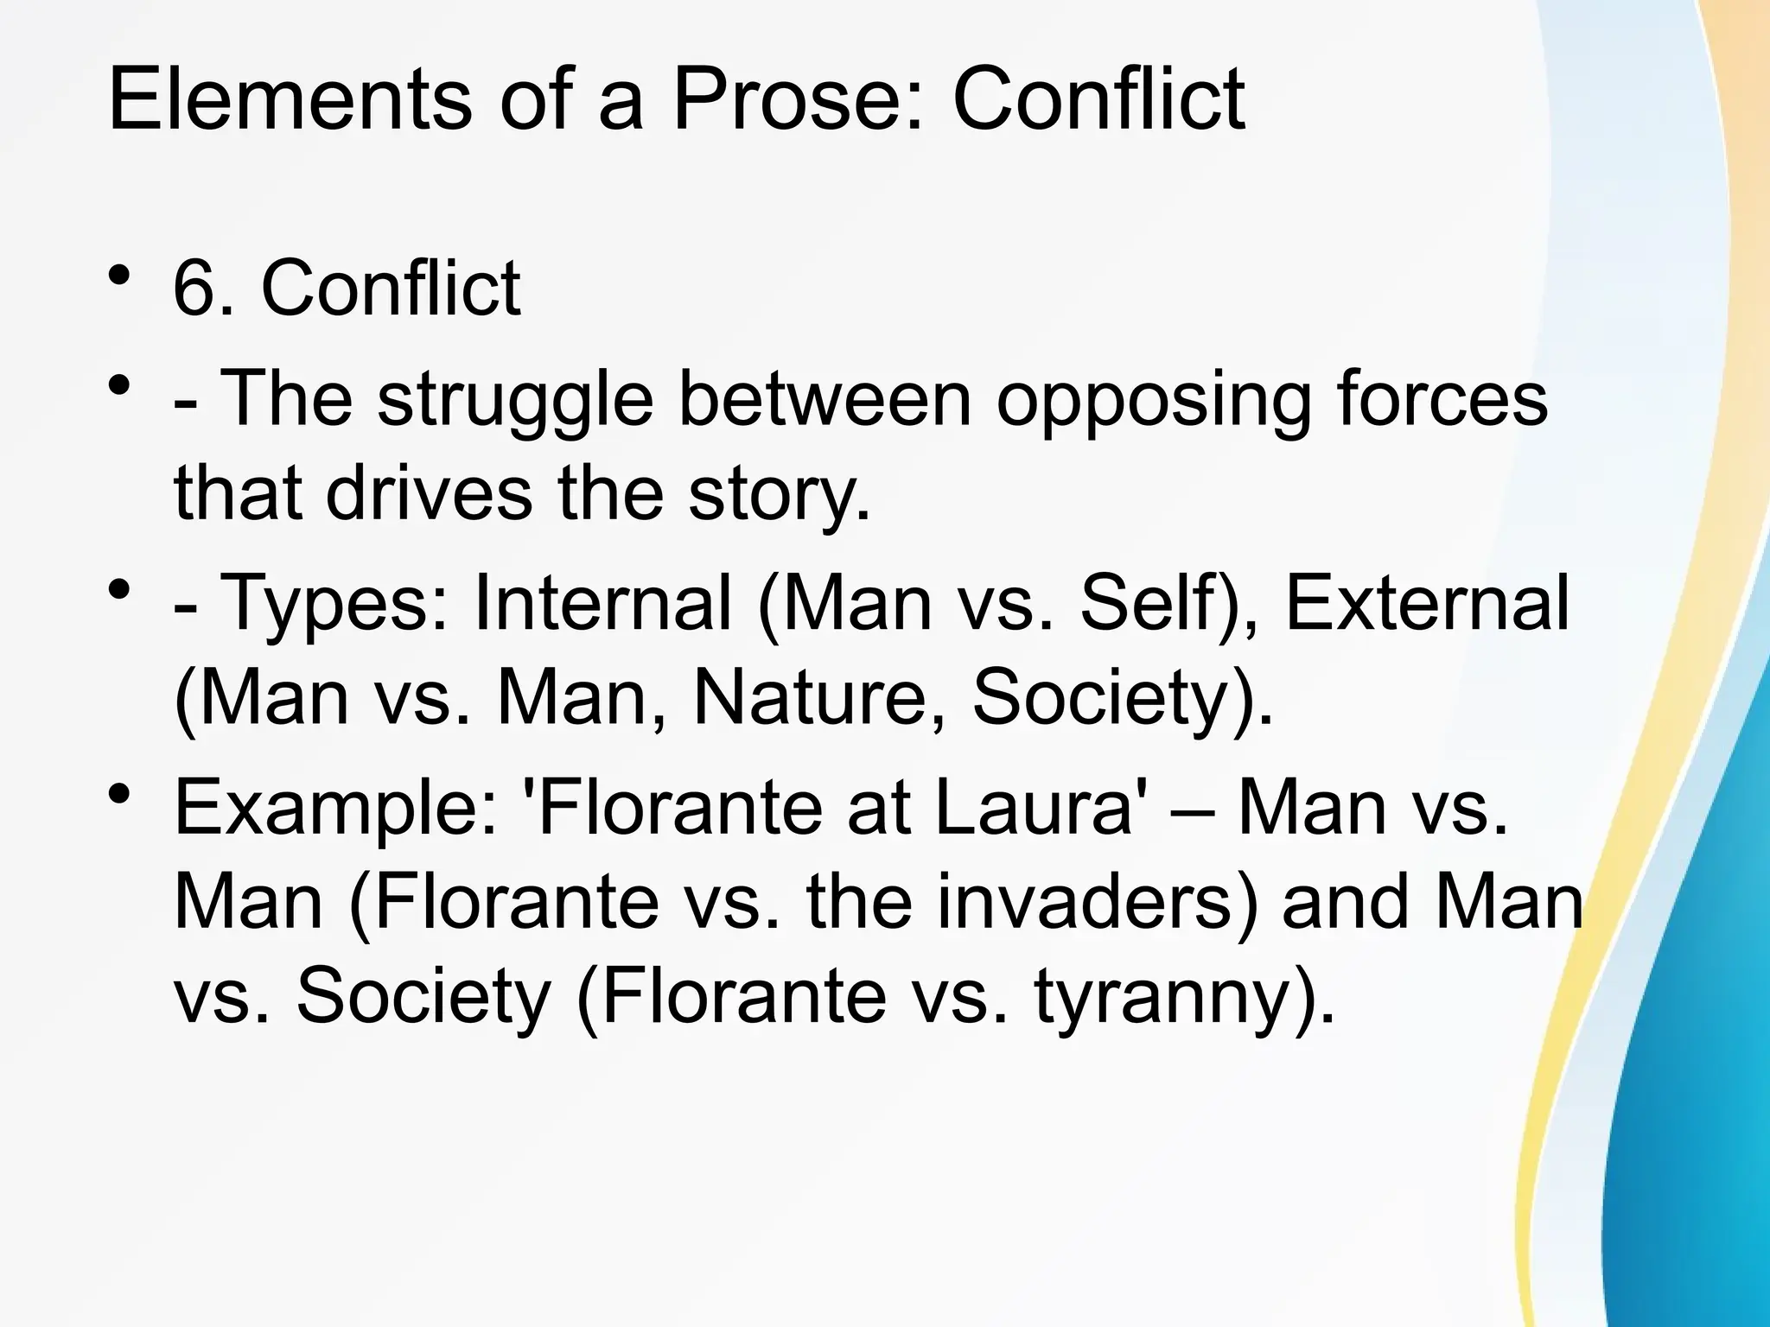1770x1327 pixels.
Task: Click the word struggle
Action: coord(515,400)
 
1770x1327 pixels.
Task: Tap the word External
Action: coord(1427,602)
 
